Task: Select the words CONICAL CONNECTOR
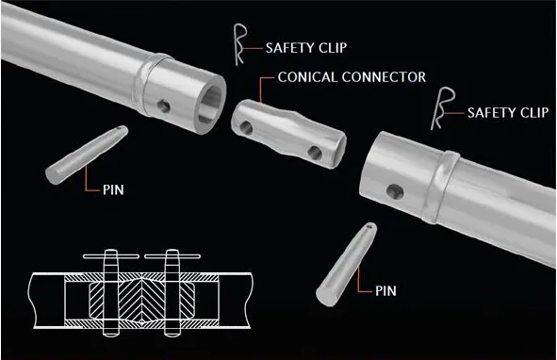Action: click(352, 76)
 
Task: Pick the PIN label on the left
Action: click(112, 189)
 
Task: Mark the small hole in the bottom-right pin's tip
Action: click(366, 227)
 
